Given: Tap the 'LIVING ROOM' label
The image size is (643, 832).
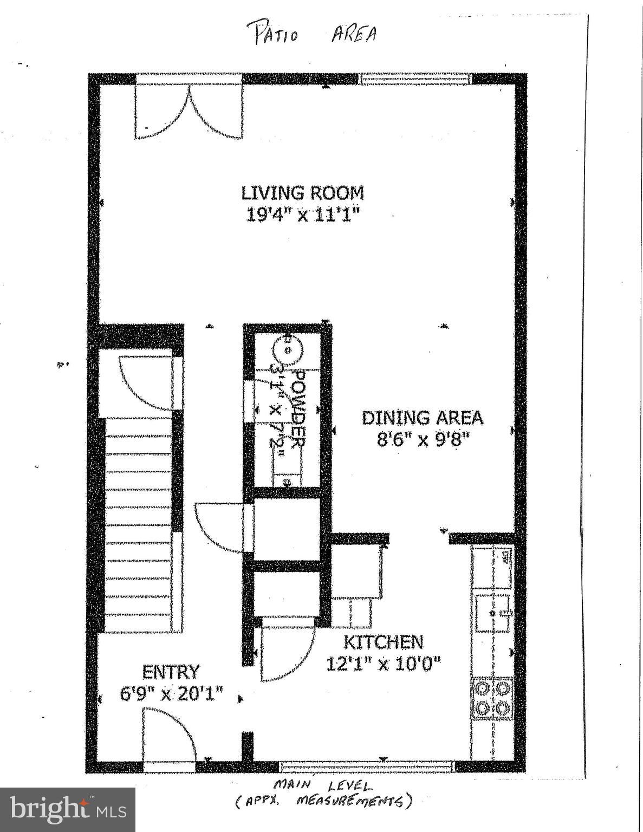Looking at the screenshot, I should [x=302, y=193].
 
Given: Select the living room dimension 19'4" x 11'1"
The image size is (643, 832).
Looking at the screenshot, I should [x=302, y=215].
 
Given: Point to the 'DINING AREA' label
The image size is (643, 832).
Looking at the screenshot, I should [x=422, y=418].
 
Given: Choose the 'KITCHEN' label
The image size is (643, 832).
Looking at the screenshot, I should [x=384, y=642].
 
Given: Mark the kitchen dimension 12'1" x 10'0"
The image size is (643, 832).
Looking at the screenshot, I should [x=384, y=662].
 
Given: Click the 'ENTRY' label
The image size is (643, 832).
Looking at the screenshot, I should [x=171, y=672].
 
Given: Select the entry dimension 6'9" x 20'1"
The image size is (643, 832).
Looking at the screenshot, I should [x=171, y=693].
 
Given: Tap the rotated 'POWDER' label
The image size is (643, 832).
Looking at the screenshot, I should [x=297, y=407].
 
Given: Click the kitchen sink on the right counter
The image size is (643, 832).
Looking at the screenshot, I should [x=493, y=613].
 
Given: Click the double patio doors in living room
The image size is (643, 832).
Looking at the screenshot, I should [x=188, y=113].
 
